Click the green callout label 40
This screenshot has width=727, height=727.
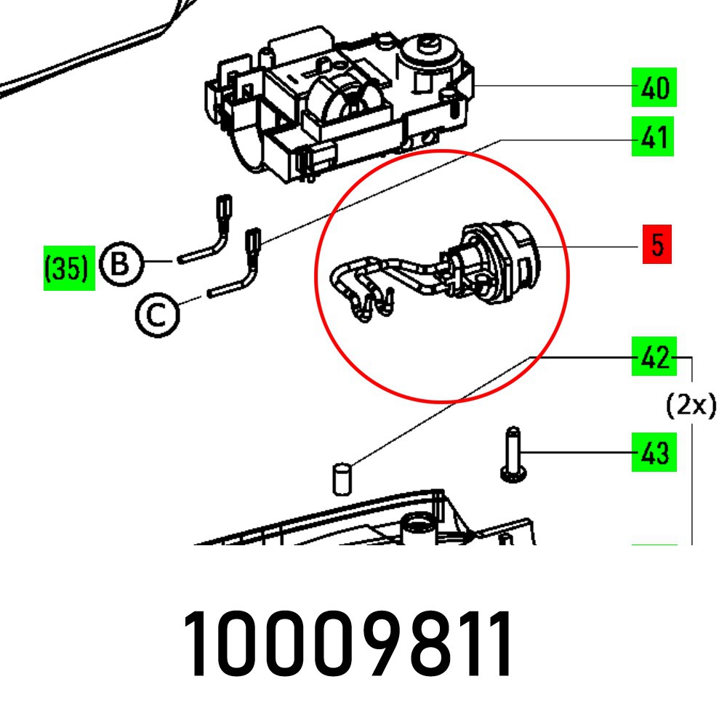click(x=654, y=88)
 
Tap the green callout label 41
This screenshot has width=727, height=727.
click(x=654, y=136)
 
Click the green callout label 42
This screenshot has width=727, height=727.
click(x=654, y=357)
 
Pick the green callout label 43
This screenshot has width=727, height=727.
click(x=654, y=453)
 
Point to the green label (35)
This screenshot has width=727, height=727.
click(x=69, y=269)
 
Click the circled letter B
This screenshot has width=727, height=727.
click(x=122, y=263)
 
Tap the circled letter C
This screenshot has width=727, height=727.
click(x=156, y=314)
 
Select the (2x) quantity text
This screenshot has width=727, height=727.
click(x=691, y=404)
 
